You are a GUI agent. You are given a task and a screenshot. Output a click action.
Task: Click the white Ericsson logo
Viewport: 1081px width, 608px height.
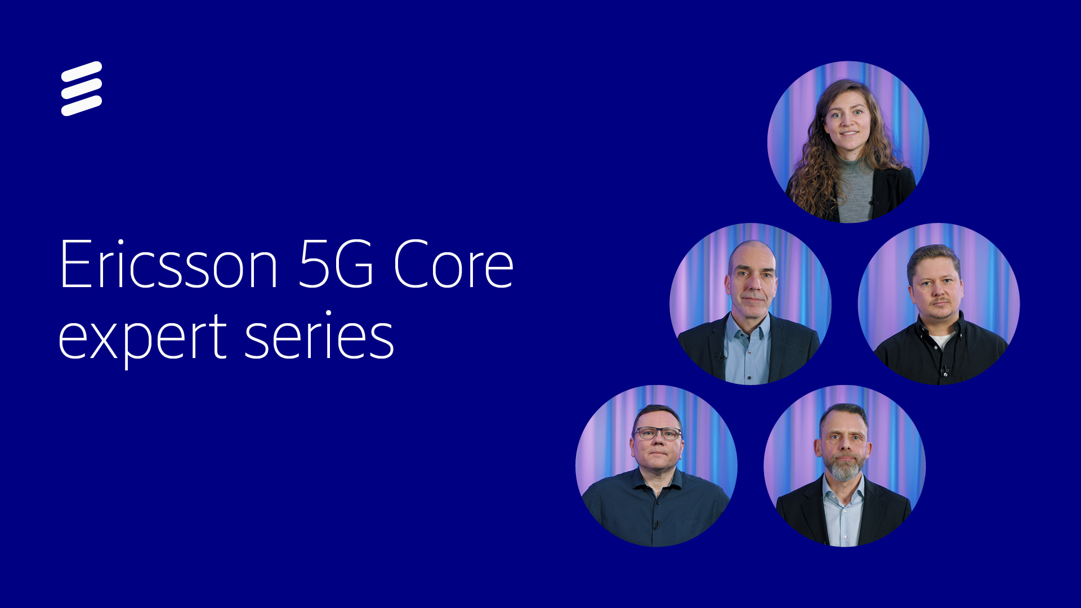82,88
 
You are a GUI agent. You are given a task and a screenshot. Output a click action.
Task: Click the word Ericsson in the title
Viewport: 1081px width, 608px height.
168,265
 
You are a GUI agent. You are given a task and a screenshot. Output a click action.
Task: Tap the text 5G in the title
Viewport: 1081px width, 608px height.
336,265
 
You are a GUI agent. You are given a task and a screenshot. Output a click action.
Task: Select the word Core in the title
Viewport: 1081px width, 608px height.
453,265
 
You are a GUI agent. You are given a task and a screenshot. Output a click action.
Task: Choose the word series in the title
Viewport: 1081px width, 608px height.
319,337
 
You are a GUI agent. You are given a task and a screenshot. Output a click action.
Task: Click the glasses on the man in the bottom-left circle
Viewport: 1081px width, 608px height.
657,433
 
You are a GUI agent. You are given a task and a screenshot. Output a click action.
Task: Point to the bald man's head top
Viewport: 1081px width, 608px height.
752,251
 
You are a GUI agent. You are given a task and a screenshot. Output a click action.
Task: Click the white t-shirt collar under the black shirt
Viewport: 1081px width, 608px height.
941,340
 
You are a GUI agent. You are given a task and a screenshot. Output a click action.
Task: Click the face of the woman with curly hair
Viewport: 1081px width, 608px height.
848,121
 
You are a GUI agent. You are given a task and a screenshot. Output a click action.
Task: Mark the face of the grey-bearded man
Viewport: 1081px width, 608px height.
843,445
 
